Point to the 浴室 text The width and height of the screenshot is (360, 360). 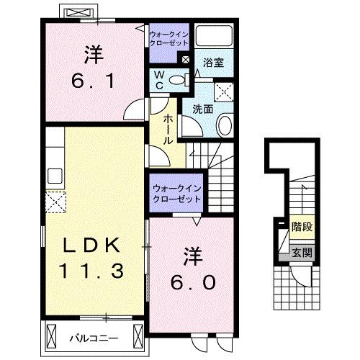pos(212,63)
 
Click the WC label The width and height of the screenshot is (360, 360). pos(159,79)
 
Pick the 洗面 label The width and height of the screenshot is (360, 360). pos(202,109)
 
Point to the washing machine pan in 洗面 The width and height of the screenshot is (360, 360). pos(223,92)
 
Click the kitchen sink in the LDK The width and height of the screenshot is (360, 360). pos(54,175)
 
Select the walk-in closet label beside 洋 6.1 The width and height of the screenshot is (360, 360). pos(168,38)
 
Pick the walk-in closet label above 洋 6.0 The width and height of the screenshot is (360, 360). pos(176,193)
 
